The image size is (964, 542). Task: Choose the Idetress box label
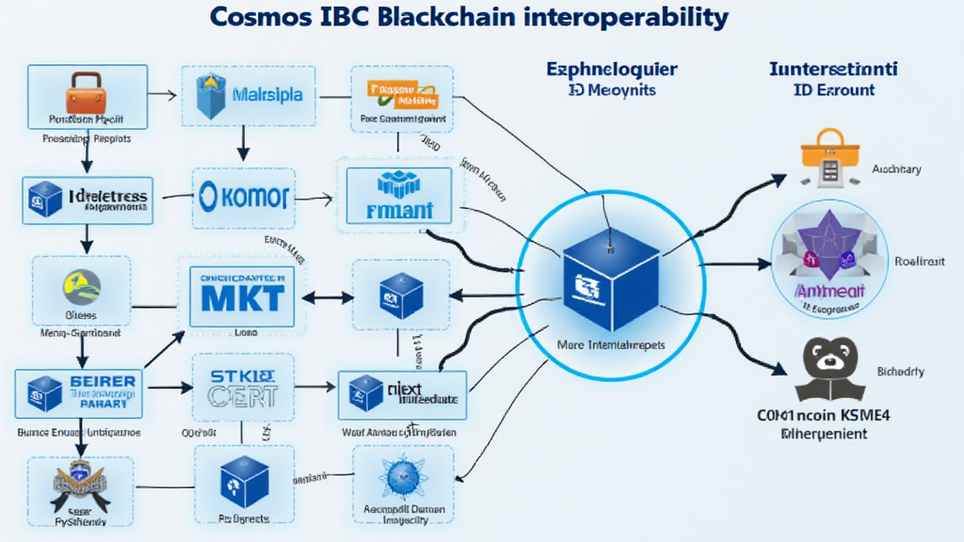tap(107, 196)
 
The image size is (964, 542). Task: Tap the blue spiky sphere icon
tap(403, 477)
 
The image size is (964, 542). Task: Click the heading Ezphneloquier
tap(611, 71)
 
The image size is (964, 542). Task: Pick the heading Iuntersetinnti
tap(832, 70)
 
